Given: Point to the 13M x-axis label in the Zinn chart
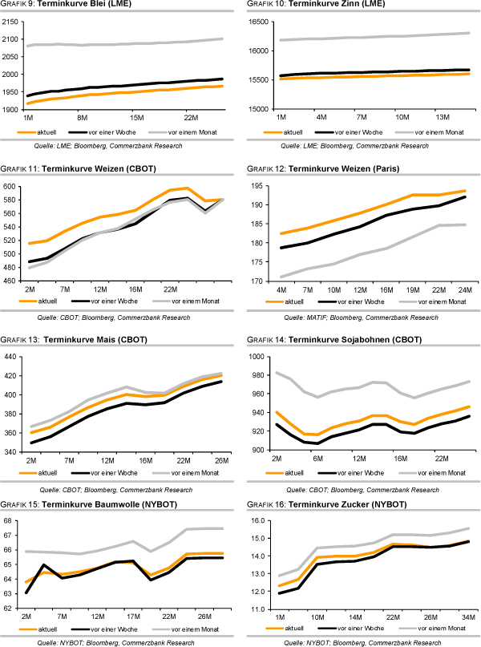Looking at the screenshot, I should click(x=443, y=117).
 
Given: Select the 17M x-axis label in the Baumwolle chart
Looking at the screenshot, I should click(x=133, y=617).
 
